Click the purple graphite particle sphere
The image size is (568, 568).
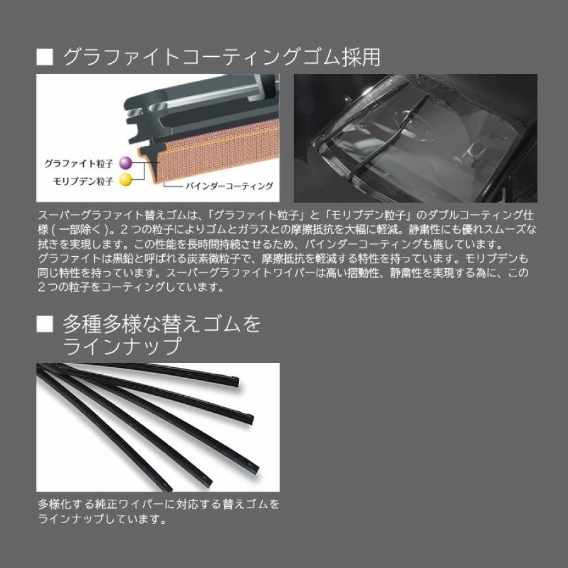click(x=126, y=163)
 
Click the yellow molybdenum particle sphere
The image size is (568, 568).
click(x=126, y=180)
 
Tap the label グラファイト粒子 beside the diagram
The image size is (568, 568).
click(x=79, y=163)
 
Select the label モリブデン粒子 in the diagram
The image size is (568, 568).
click(x=83, y=180)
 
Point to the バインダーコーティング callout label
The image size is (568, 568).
click(x=229, y=186)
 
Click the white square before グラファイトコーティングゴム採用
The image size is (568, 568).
click(x=45, y=57)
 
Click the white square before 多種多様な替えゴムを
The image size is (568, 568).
click(x=45, y=324)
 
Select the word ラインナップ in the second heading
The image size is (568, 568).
click(x=122, y=346)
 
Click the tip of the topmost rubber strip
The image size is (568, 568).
click(x=237, y=381)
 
